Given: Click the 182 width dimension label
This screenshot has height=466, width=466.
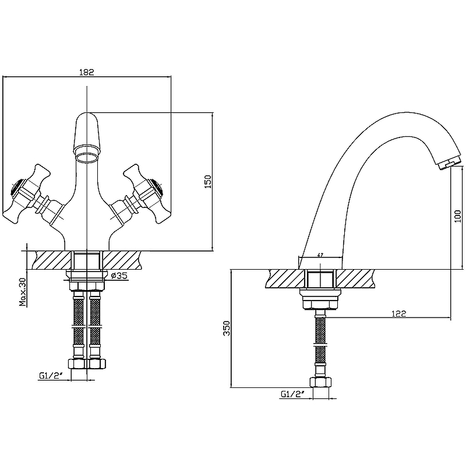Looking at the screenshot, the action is [x=86, y=72].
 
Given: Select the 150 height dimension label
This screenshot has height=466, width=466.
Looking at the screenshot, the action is [x=208, y=182].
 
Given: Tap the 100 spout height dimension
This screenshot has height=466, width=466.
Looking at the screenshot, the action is [x=458, y=216].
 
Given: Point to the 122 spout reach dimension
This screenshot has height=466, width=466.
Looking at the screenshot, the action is [x=399, y=313].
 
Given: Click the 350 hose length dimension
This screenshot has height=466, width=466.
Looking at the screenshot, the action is [x=227, y=328].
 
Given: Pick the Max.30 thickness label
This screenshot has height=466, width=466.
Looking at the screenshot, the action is [x=23, y=292].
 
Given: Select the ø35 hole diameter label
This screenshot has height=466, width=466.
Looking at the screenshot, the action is [x=119, y=276].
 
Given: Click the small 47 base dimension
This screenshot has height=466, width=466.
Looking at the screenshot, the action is [x=320, y=255].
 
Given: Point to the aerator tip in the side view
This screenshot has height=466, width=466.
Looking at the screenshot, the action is [x=449, y=164].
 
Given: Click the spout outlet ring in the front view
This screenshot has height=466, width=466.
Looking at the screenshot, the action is [x=86, y=157].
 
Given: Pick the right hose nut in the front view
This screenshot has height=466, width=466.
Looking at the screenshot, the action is [x=96, y=363].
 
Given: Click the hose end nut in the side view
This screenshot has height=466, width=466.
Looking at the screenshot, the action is [x=320, y=382].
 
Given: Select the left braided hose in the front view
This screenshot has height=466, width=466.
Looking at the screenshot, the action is [x=79, y=325].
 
